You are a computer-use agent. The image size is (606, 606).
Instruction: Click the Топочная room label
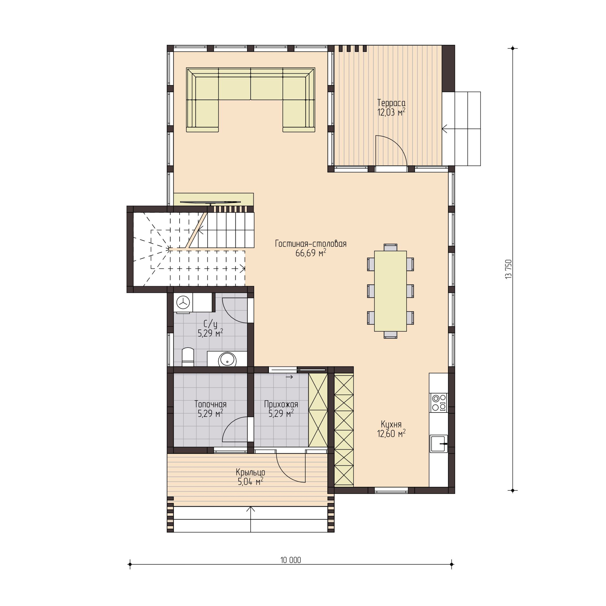click(x=210, y=404)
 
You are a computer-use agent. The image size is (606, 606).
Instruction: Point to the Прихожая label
click(x=281, y=404)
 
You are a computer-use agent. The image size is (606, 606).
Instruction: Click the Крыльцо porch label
click(x=250, y=472)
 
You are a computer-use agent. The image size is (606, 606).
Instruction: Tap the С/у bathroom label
click(x=210, y=324)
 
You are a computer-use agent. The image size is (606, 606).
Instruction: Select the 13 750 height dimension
click(x=508, y=269)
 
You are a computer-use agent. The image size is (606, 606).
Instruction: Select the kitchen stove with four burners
click(x=439, y=403)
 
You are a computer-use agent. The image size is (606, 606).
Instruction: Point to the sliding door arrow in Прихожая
click(x=289, y=377)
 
